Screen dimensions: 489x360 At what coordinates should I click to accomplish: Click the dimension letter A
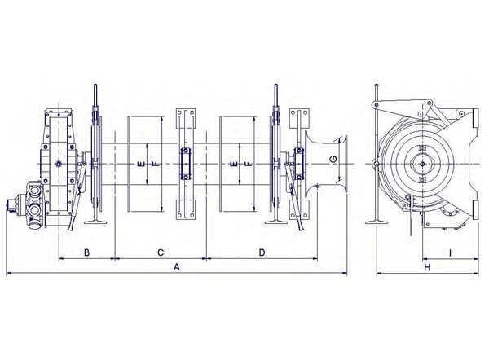[x=177, y=267]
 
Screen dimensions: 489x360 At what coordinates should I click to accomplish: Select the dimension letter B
[x=86, y=252]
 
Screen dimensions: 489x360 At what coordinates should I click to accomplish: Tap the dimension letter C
[x=161, y=252]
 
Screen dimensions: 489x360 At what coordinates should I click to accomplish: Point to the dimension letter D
[x=262, y=252]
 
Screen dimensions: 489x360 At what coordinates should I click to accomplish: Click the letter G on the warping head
[x=333, y=160]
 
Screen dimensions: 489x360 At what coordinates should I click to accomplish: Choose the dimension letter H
[x=427, y=267]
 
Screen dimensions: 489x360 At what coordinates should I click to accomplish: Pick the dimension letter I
[x=451, y=253]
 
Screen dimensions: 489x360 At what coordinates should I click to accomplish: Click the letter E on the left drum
[x=141, y=164]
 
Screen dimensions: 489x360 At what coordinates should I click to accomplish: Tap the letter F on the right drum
[x=249, y=164]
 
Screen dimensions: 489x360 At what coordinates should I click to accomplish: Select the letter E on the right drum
[x=234, y=164]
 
